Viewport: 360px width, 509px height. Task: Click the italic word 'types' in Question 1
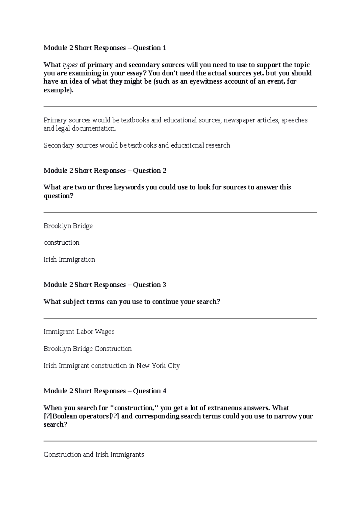70,65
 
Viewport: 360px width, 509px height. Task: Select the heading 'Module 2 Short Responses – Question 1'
105,48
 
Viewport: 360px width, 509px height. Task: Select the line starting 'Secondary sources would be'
137,145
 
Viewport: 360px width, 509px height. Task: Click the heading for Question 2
105,171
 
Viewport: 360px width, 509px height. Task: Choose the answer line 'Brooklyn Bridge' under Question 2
68,226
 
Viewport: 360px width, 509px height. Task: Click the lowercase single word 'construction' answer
61,243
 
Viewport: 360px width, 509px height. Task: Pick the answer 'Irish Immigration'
69,259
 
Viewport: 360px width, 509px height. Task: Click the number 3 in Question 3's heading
164,285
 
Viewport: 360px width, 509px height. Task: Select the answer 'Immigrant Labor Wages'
79,332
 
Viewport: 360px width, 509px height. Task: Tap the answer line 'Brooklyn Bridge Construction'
88,349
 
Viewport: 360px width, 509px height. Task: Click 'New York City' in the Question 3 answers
158,366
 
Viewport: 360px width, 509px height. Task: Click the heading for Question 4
105,391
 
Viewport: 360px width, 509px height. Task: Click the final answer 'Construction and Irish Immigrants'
94,454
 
